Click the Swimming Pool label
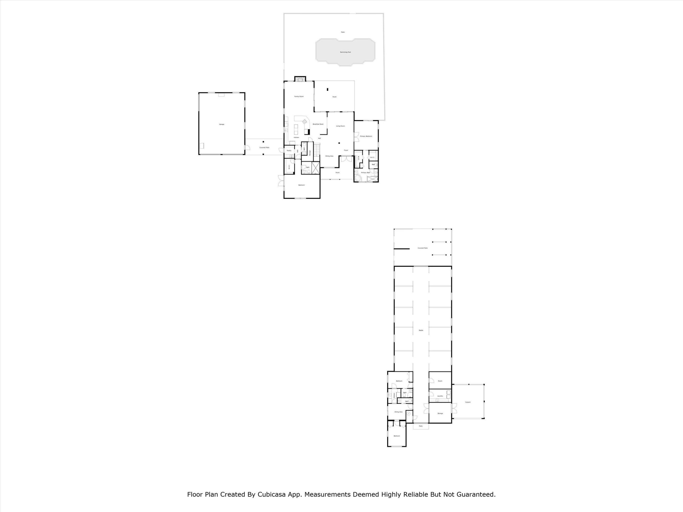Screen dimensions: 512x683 [x=345, y=52]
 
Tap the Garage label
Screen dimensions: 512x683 [x=222, y=124]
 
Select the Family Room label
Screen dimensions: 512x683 [x=299, y=97]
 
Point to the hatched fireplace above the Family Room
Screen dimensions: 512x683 [x=299, y=79]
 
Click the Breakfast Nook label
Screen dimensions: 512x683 [x=318, y=124]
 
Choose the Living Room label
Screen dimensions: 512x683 [x=340, y=126]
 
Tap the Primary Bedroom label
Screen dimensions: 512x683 [x=366, y=136]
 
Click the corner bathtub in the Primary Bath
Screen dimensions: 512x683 [x=358, y=179]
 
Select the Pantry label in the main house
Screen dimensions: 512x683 [x=289, y=151]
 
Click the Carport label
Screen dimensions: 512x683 [x=468, y=402]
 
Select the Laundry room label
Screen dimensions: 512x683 [x=440, y=396]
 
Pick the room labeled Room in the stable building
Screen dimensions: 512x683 [x=440, y=381]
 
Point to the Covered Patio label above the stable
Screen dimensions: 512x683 [x=422, y=248]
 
